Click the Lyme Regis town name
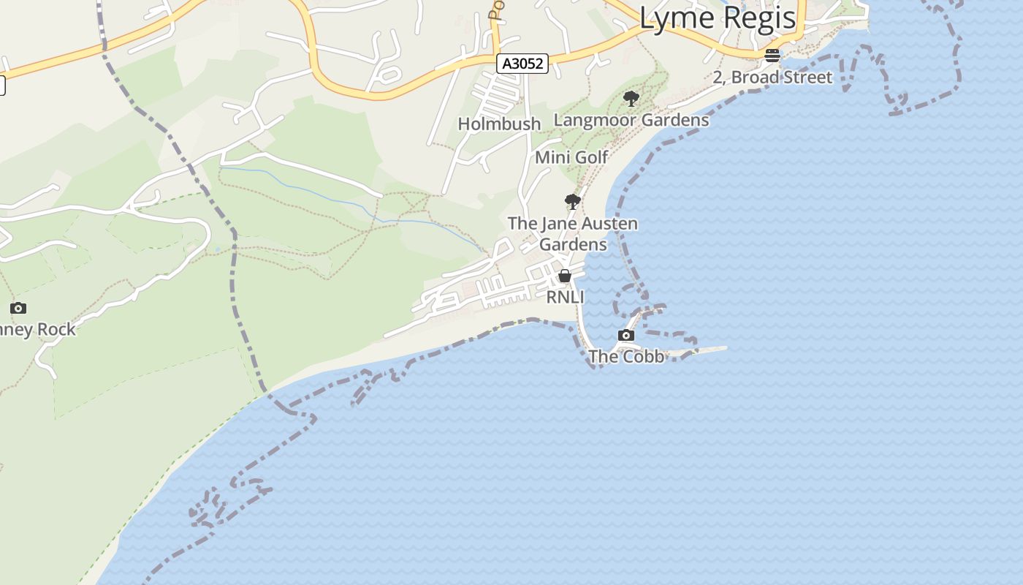[x=717, y=18]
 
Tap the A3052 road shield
[x=522, y=64]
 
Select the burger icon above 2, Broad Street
[x=772, y=56]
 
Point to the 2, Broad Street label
[x=772, y=78]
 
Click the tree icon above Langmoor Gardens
[x=631, y=99]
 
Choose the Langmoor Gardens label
[x=631, y=120]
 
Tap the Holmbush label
[x=499, y=124]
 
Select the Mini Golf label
[x=571, y=157]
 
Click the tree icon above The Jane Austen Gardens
[x=573, y=202]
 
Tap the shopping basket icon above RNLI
[x=565, y=276]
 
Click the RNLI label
[x=565, y=298]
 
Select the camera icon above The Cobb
[x=626, y=335]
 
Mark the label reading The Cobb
[x=626, y=357]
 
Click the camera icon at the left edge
[x=18, y=308]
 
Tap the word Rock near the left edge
[x=57, y=330]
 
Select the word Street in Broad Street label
[x=807, y=78]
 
